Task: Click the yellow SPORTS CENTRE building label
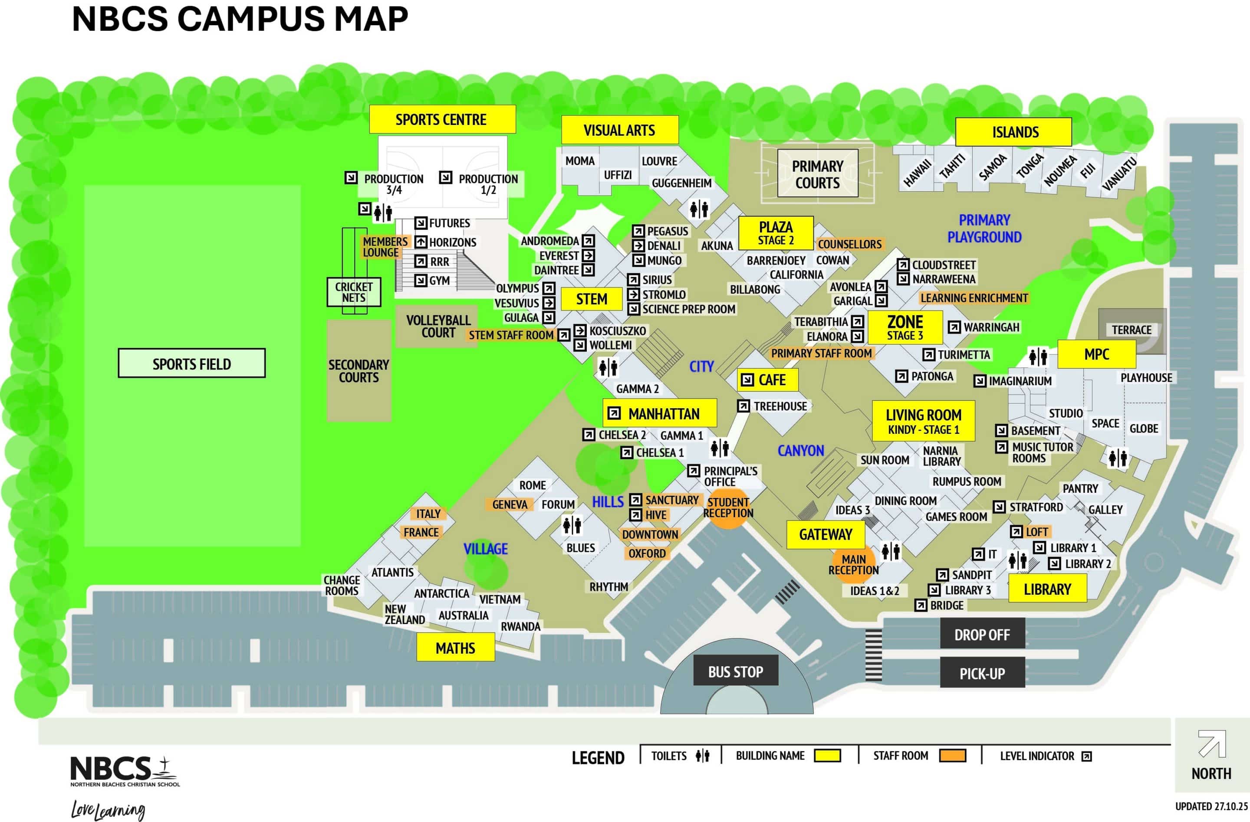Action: (x=442, y=119)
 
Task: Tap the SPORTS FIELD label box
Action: (x=192, y=363)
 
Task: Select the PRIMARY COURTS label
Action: (x=818, y=174)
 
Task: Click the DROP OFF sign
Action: (x=982, y=634)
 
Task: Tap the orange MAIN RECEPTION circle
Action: (x=853, y=565)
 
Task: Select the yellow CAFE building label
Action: (x=767, y=379)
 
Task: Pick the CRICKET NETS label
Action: (x=353, y=292)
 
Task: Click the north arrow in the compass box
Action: (x=1212, y=744)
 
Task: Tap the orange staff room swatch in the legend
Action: (x=952, y=755)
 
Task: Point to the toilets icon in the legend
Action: (x=702, y=755)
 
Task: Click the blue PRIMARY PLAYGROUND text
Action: (x=984, y=228)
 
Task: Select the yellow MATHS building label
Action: (x=455, y=647)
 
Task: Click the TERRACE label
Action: (x=1132, y=330)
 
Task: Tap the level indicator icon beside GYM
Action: (x=420, y=280)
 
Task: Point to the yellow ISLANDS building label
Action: (x=1013, y=132)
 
